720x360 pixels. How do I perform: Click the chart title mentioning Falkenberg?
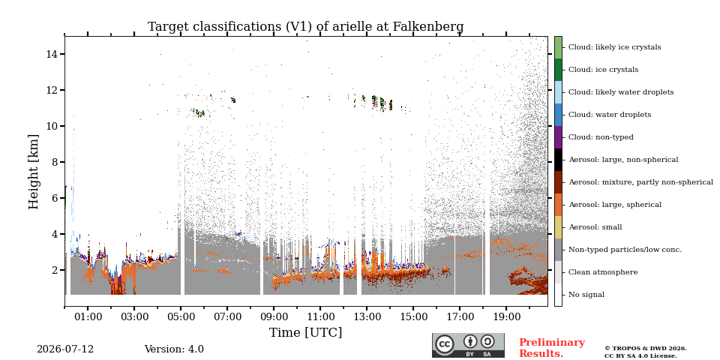click(x=305, y=27)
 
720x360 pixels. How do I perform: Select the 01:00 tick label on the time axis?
click(x=88, y=316)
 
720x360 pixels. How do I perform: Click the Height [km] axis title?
click(x=34, y=172)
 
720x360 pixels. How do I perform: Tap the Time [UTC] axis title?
click(x=305, y=332)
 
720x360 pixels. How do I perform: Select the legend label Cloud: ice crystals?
click(x=603, y=70)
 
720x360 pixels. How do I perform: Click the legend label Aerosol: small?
click(x=595, y=227)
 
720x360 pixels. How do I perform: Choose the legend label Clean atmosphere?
click(x=603, y=272)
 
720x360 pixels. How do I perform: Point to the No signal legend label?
click(x=586, y=295)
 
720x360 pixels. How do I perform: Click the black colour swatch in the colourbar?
click(x=558, y=160)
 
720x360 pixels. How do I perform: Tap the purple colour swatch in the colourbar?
click(x=558, y=137)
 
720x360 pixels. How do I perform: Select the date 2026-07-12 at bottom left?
click(x=65, y=349)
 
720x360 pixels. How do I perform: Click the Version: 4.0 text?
click(x=174, y=349)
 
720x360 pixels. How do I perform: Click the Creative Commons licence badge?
click(x=468, y=345)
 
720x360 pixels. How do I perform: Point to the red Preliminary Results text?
click(x=552, y=348)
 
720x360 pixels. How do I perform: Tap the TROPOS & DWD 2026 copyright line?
click(x=646, y=349)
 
